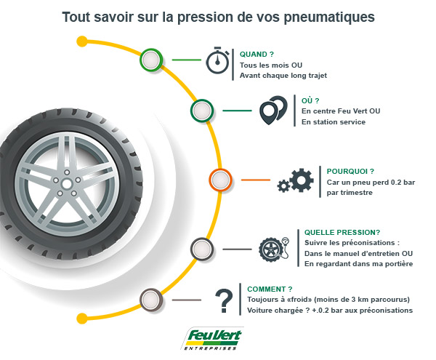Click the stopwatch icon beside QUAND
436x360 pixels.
(217, 60)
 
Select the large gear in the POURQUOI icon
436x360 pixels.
(302, 180)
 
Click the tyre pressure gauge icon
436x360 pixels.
(274, 249)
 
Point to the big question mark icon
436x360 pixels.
(224, 301)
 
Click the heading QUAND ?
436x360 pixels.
(257, 55)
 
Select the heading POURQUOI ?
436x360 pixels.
(350, 171)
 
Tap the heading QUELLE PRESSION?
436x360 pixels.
(342, 232)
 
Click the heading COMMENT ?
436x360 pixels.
(270, 289)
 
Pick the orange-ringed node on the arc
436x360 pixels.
(220, 180)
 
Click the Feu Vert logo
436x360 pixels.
(212, 338)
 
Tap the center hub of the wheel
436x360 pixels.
(67, 184)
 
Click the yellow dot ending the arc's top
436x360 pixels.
(81, 41)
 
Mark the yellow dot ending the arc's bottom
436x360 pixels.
(81, 319)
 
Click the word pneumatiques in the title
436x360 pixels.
(329, 17)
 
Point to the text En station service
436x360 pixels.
(334, 122)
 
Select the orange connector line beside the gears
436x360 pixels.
(256, 180)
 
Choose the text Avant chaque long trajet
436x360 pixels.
(283, 76)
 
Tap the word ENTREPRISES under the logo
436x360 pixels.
(210, 348)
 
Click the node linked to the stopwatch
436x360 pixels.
(151, 60)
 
